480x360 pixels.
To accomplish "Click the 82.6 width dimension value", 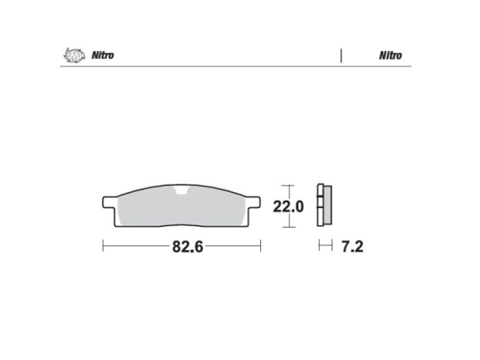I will pyautogui.click(x=186, y=247).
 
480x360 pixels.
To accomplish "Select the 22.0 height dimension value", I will pyautogui.click(x=287, y=207).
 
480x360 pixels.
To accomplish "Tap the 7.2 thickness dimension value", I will pyautogui.click(x=351, y=247).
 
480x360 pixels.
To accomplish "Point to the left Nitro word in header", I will pyautogui.click(x=102, y=55).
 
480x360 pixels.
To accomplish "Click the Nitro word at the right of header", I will pyautogui.click(x=390, y=55).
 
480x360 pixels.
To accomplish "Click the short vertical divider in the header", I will pyautogui.click(x=340, y=55).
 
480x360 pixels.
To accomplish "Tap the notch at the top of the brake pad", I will pyautogui.click(x=182, y=191).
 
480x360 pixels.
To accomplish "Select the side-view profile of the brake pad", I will pyautogui.click(x=324, y=206).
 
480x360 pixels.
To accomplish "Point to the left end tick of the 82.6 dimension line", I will pyautogui.click(x=103, y=247).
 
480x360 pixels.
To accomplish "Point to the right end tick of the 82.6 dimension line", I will pyautogui.click(x=260, y=247).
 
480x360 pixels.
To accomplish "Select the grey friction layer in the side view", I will pyautogui.click(x=327, y=206).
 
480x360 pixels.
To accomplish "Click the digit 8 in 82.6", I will pyautogui.click(x=176, y=247).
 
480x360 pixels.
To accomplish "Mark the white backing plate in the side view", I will pyautogui.click(x=319, y=206).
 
